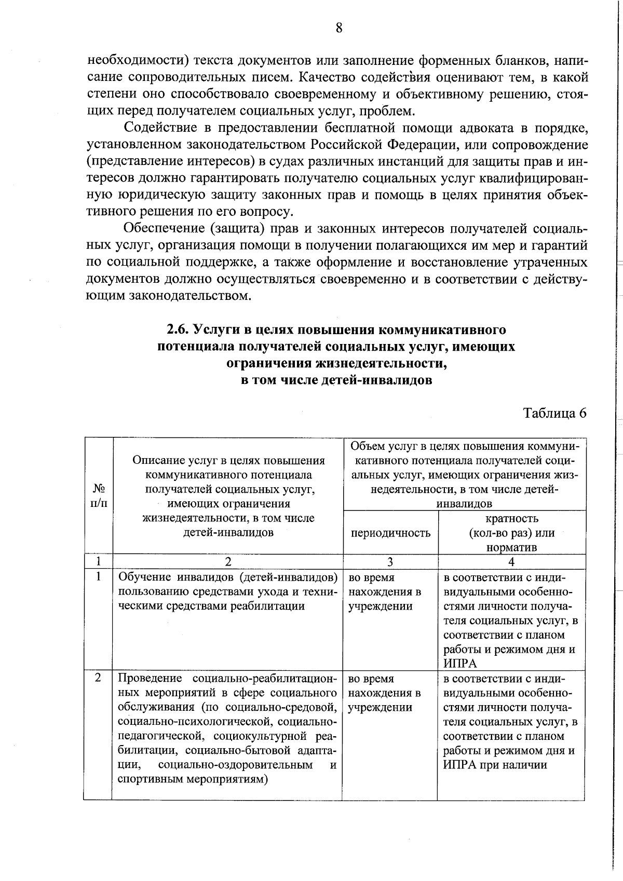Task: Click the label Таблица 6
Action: [554, 413]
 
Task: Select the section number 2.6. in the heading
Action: [179, 330]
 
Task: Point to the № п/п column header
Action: [99, 496]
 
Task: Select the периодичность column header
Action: [390, 533]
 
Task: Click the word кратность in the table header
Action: [511, 518]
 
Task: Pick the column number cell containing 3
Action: [390, 562]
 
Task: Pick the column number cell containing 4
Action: [511, 562]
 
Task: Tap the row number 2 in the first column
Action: [98, 679]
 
